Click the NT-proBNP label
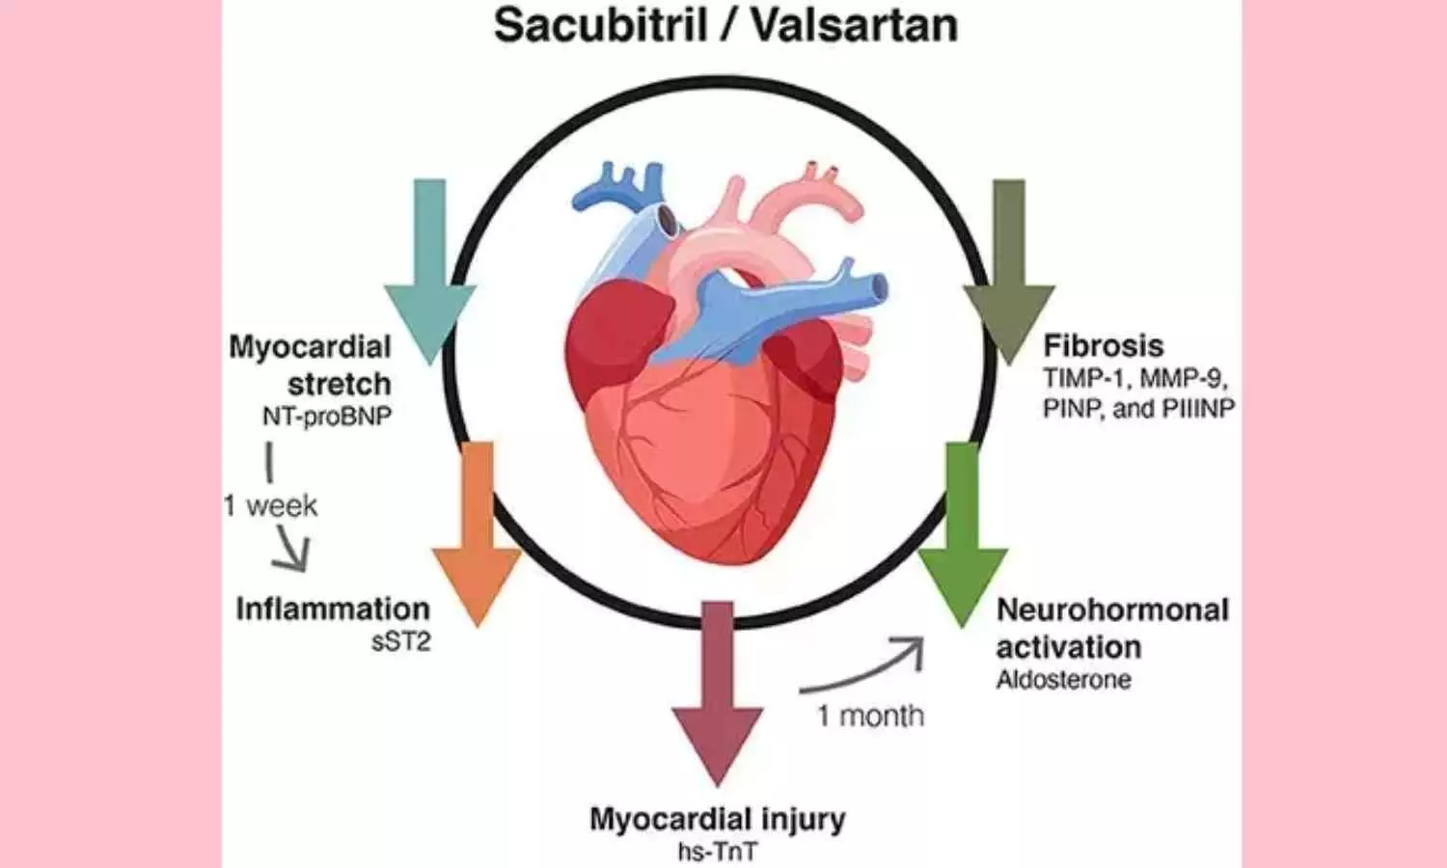(x=327, y=417)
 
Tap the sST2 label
(x=400, y=641)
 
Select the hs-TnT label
(x=717, y=853)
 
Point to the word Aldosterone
(x=1063, y=680)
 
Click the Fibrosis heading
(x=1104, y=345)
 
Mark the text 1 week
(x=271, y=506)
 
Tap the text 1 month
(x=871, y=716)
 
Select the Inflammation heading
(x=333, y=610)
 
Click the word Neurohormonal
(x=1112, y=610)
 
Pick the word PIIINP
(x=1197, y=409)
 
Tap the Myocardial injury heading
(x=717, y=820)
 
